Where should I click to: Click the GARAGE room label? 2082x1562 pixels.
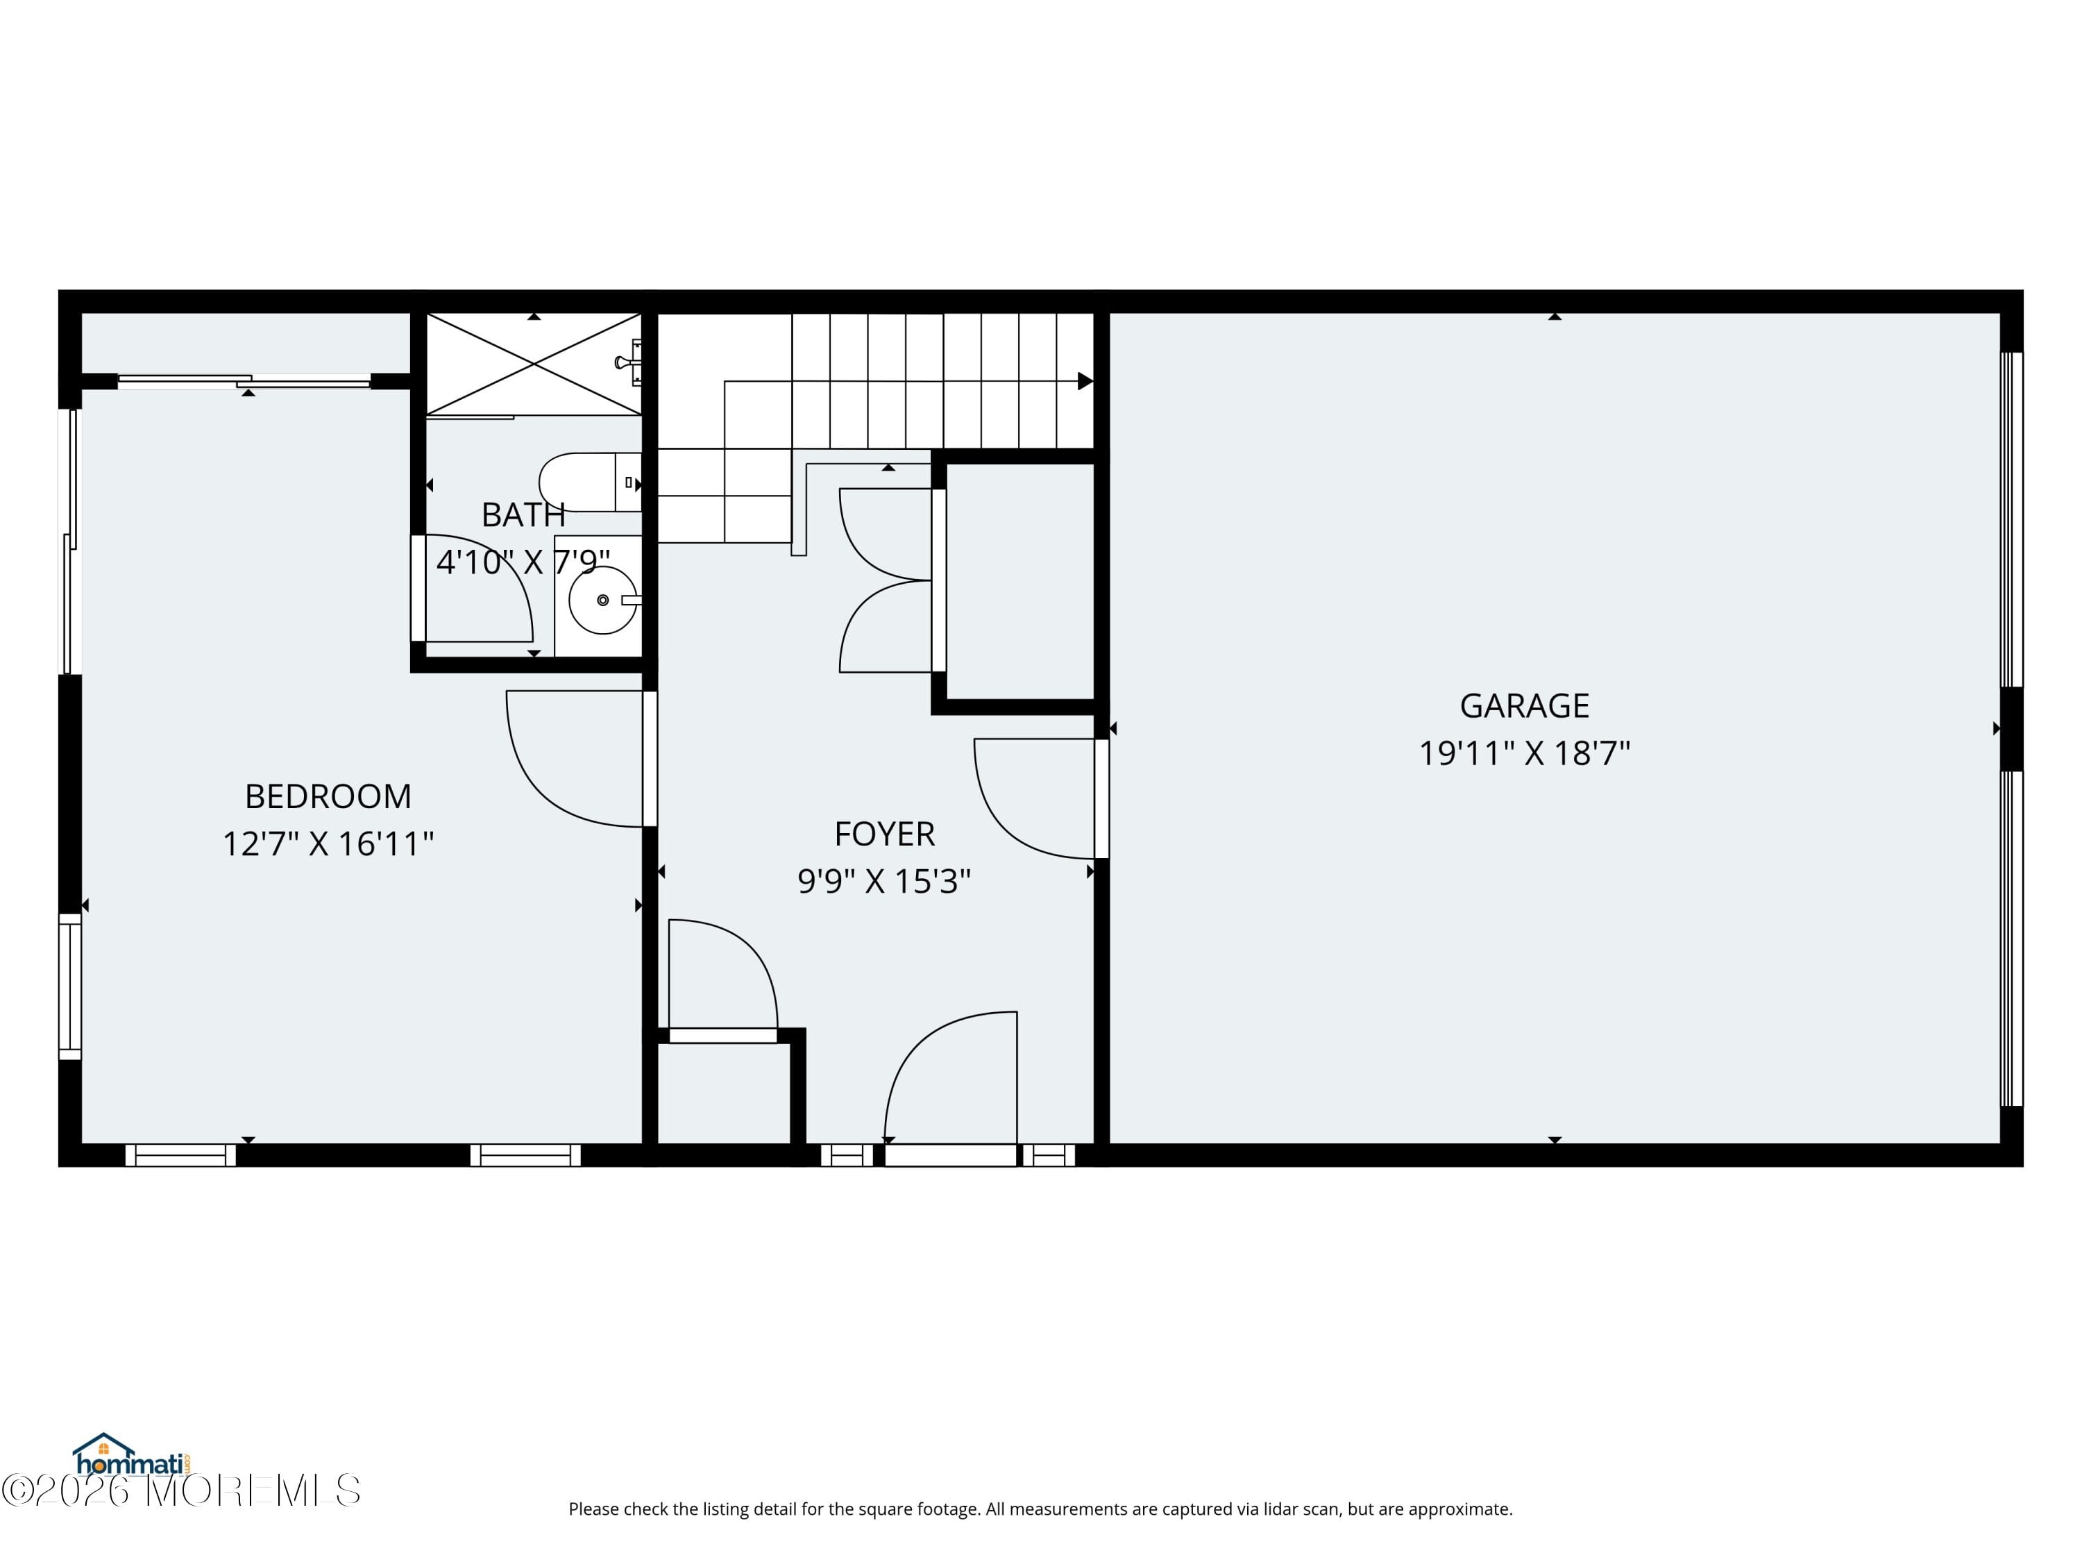tap(1524, 705)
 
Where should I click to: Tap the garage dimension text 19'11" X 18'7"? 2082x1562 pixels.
tap(1524, 753)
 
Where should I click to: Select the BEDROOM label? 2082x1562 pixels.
tap(328, 796)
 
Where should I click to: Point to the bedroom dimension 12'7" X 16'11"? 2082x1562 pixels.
tap(328, 843)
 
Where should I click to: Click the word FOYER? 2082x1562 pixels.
tap(884, 834)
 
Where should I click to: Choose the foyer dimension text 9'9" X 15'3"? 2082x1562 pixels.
tap(884, 881)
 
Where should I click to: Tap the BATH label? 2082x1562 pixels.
tap(523, 515)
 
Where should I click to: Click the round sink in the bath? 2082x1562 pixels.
tap(602, 600)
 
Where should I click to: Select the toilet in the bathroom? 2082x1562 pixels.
tap(584, 482)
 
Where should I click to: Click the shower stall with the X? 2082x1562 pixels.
tap(534, 364)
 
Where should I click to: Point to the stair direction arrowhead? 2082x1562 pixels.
tap(1084, 381)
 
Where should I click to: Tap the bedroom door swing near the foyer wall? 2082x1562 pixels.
tap(574, 758)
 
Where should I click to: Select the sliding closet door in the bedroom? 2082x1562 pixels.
tap(245, 380)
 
